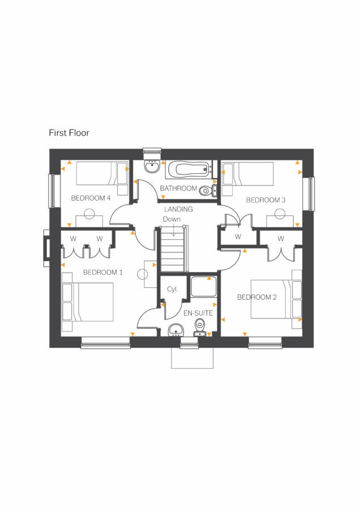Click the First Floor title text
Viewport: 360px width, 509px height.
[68, 133]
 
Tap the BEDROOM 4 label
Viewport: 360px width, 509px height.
[90, 199]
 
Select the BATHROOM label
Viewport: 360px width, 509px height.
[178, 188]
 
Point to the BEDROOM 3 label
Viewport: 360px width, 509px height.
[265, 200]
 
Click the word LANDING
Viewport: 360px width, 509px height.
[178, 209]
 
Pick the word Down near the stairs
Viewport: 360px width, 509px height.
[172, 219]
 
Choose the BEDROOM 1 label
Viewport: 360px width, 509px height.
[103, 273]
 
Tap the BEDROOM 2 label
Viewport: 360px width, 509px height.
[257, 297]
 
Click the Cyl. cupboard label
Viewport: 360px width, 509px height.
[172, 289]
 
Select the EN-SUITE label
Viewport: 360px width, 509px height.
[198, 313]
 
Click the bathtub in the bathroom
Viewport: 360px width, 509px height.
[187, 169]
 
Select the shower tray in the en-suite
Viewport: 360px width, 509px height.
[202, 287]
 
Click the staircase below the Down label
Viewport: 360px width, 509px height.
[173, 249]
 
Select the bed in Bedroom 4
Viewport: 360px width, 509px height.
[101, 173]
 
